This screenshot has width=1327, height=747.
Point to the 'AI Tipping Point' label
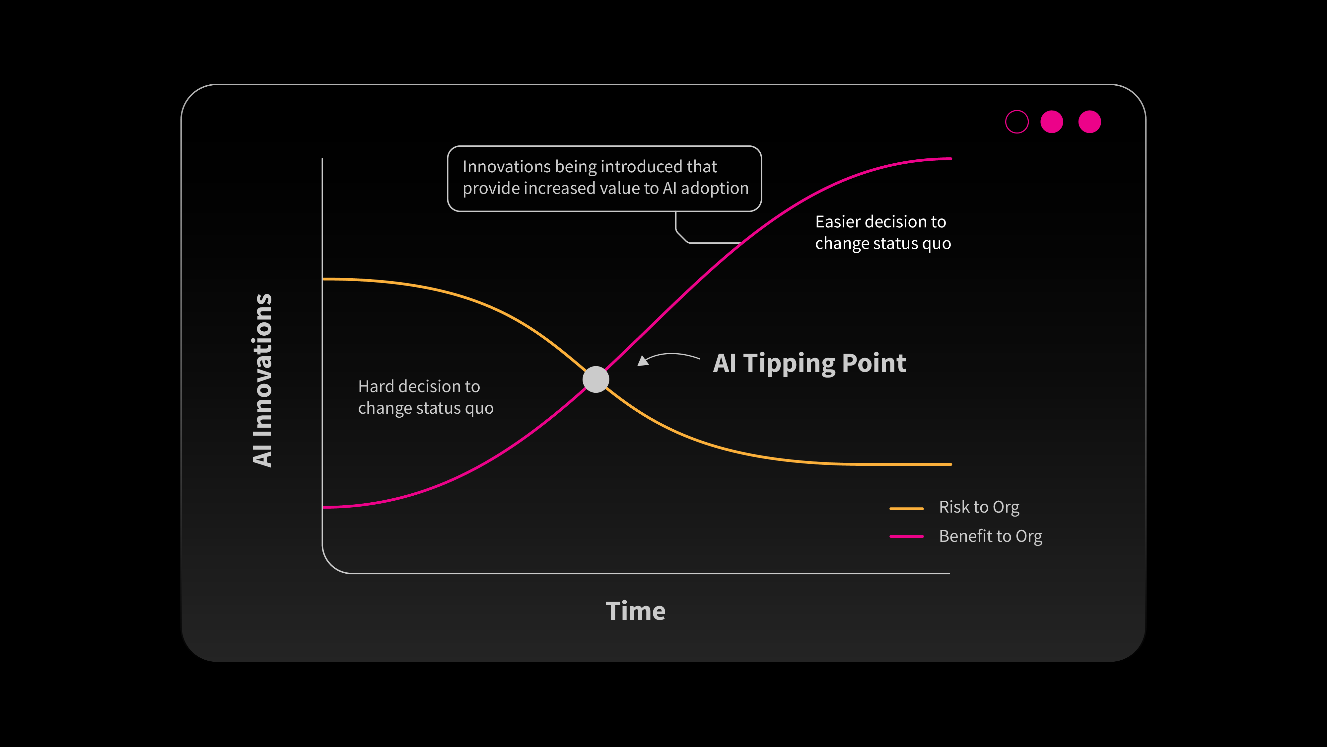[x=809, y=364]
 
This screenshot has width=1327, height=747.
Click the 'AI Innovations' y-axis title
[x=262, y=380]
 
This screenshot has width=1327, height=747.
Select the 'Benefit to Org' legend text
[x=991, y=536]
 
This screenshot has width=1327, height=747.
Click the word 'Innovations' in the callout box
[x=506, y=167]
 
